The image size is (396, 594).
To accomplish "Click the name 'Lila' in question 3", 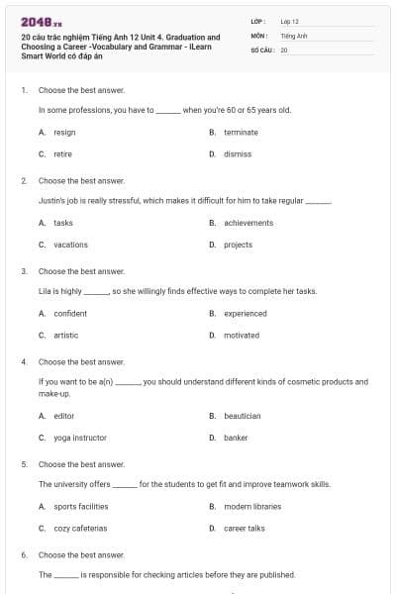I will tap(46, 292).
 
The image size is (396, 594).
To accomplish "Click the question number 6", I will tap(24, 555).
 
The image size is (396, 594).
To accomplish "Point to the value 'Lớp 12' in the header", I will tap(289, 20).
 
